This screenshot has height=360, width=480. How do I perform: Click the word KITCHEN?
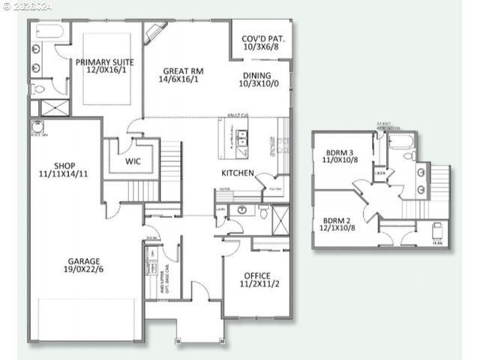pyautogui.click(x=237, y=173)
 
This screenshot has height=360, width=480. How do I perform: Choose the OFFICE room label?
pyautogui.click(x=256, y=276)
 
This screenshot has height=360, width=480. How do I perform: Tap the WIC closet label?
pyautogui.click(x=133, y=161)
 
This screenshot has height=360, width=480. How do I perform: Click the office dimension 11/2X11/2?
pyautogui.click(x=256, y=285)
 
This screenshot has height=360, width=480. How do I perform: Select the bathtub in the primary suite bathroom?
pyautogui.click(x=51, y=32)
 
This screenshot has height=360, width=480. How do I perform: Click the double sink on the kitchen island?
pyautogui.click(x=242, y=137)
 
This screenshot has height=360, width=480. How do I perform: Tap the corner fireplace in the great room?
pyautogui.click(x=156, y=32)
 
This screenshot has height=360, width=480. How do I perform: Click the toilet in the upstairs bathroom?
pyautogui.click(x=409, y=156)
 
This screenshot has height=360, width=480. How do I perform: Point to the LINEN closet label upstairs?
pyautogui.click(x=380, y=173)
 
